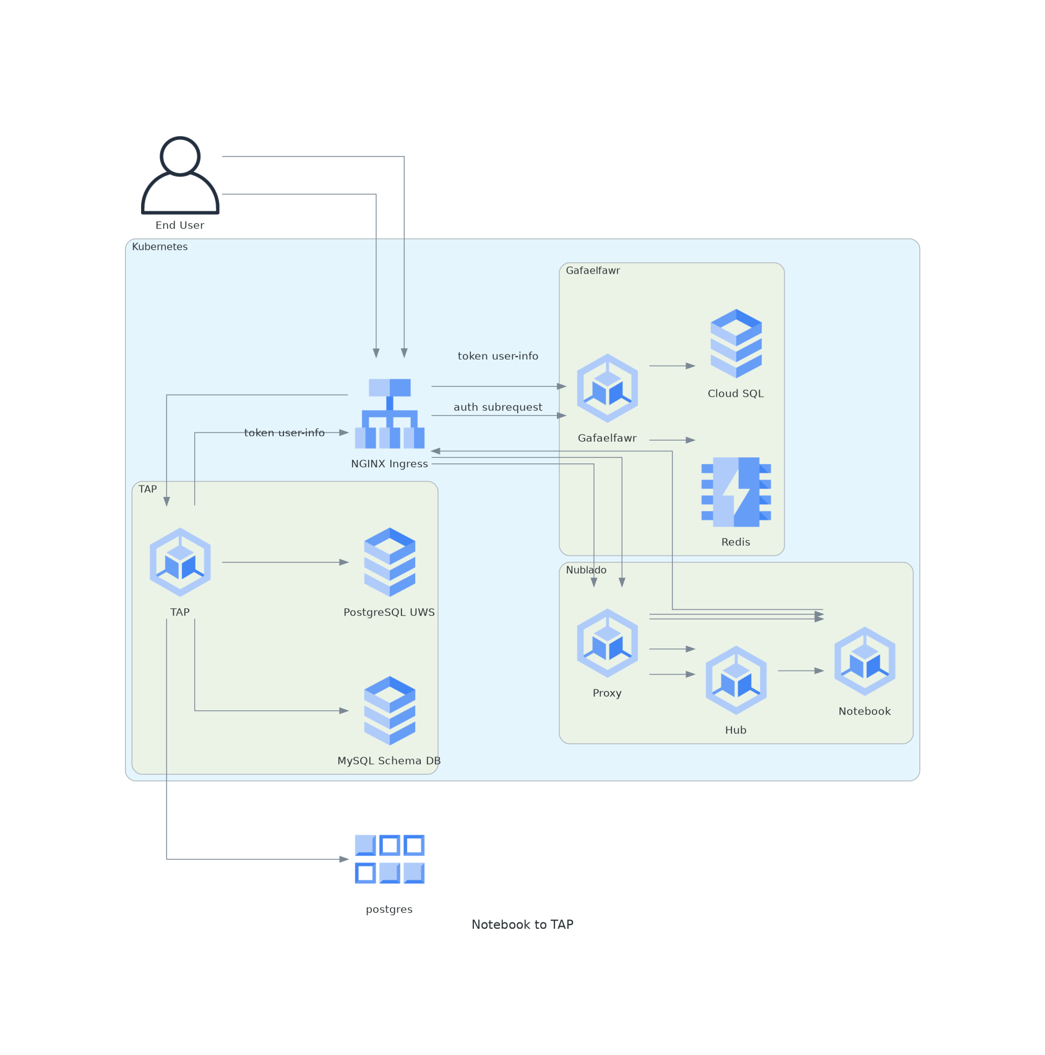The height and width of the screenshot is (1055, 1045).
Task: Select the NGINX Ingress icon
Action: [390, 413]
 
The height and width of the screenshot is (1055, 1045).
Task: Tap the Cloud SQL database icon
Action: [736, 343]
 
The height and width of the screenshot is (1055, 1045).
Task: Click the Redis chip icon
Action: [736, 492]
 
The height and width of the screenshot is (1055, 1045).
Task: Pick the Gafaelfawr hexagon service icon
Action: [607, 388]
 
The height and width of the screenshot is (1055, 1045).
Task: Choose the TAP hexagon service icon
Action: [180, 562]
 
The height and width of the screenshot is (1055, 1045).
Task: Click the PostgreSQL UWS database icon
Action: [389, 562]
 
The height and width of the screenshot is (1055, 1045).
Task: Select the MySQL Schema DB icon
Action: [389, 710]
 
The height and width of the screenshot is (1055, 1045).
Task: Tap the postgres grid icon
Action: [389, 859]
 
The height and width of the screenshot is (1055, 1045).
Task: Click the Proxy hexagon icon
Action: [607, 643]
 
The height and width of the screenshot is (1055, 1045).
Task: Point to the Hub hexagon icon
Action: [736, 680]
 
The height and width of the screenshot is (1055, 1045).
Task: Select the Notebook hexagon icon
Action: [864, 661]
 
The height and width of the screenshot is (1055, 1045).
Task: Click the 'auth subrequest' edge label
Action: [498, 407]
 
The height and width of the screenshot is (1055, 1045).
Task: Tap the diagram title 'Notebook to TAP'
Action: [522, 924]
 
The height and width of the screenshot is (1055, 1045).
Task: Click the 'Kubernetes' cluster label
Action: [160, 247]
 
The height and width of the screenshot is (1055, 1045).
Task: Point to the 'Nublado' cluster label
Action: [586, 570]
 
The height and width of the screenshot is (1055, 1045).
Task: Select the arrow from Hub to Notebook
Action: [801, 671]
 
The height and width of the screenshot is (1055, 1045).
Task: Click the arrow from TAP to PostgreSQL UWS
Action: [285, 562]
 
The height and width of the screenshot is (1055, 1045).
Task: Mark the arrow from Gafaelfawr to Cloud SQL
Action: [672, 366]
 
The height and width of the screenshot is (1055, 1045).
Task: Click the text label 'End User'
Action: [180, 225]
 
